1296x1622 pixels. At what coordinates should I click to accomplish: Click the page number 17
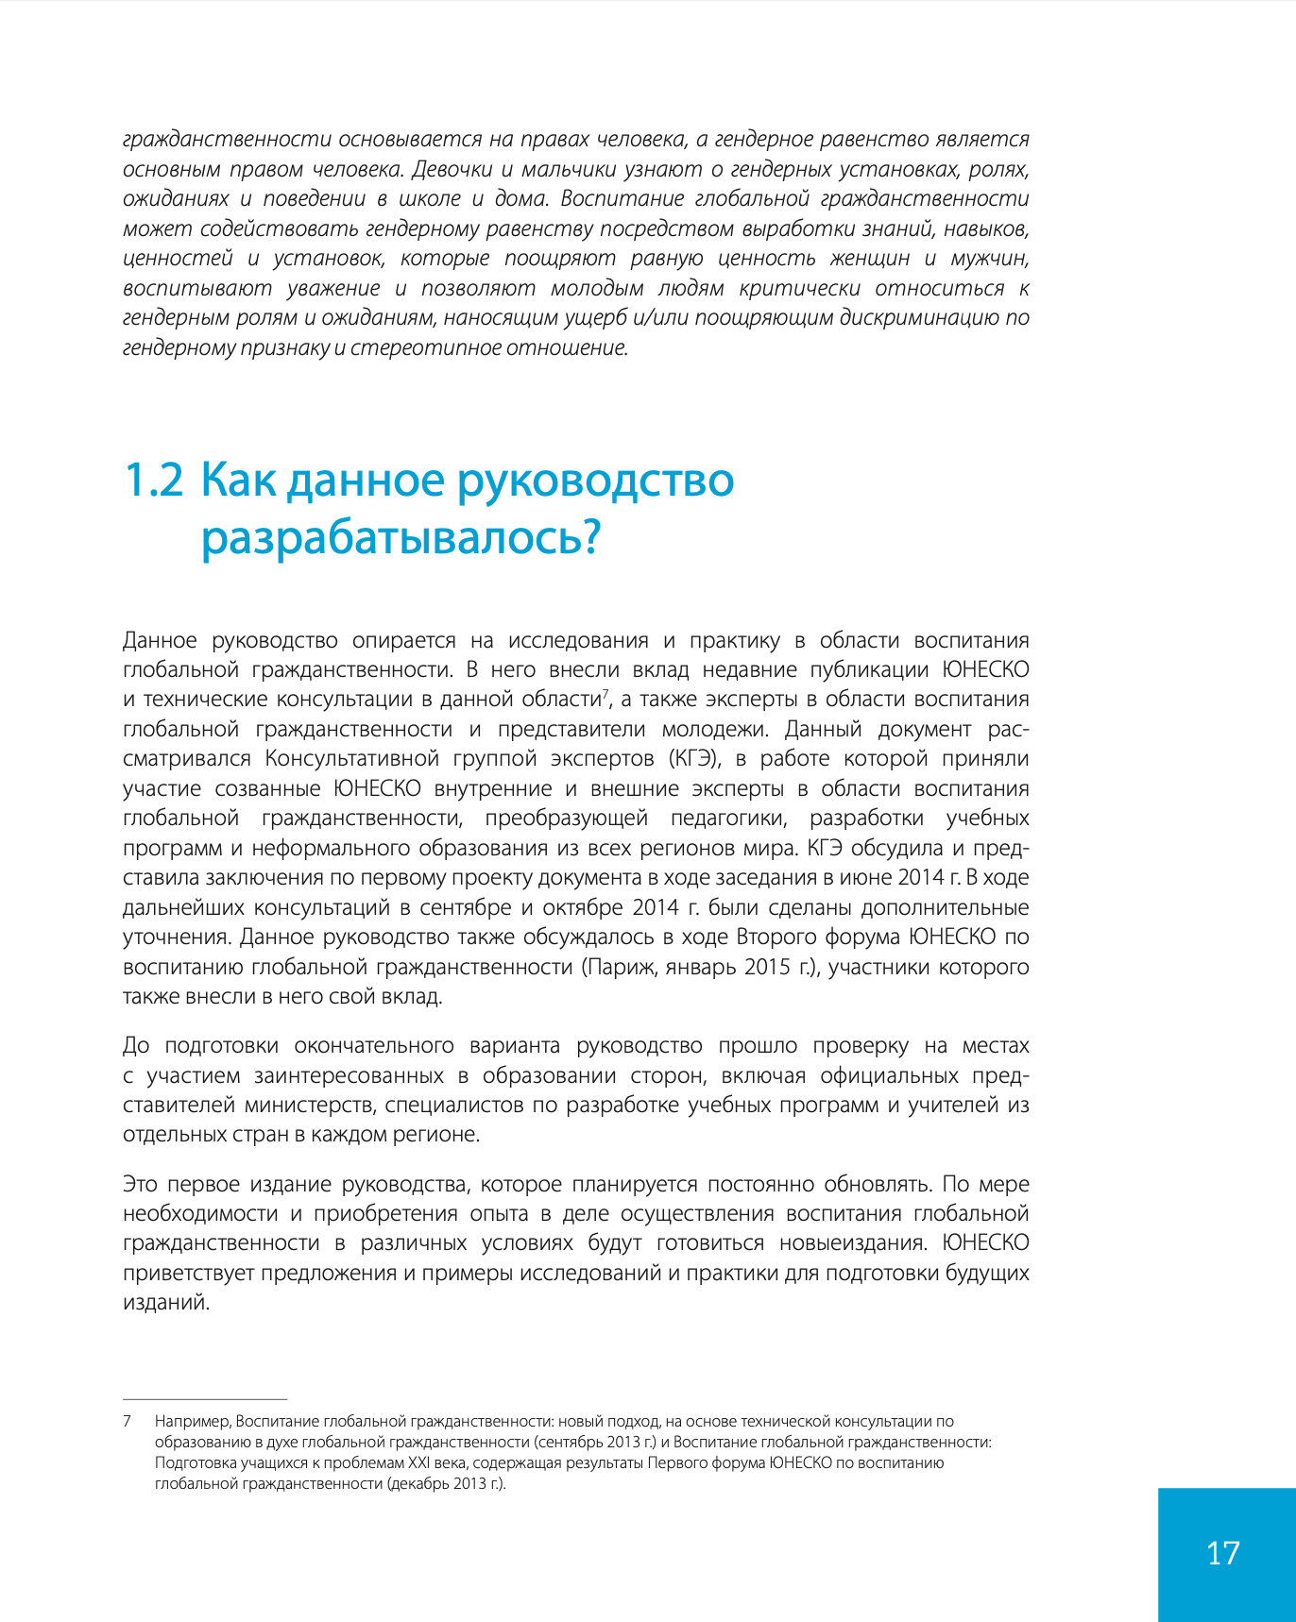tap(1223, 1553)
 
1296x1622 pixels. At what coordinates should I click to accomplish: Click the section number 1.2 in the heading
tap(154, 480)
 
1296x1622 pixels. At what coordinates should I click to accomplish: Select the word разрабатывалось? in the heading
tap(401, 538)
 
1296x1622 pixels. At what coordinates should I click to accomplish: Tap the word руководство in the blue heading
tap(596, 480)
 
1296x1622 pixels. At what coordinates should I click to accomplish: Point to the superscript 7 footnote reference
tap(604, 694)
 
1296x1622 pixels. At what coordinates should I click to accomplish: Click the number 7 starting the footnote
tap(127, 1421)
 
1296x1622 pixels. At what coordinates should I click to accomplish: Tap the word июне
tap(865, 877)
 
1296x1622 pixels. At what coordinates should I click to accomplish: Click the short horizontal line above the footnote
tap(205, 1399)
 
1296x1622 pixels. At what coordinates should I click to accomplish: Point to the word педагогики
tap(727, 818)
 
